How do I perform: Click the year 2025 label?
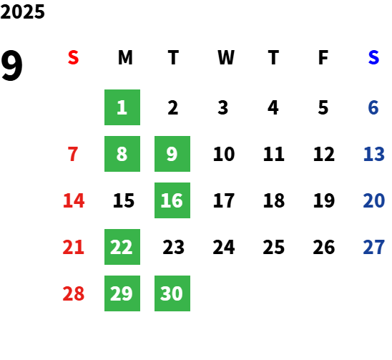[x=22, y=11]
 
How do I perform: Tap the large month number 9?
[x=11, y=65]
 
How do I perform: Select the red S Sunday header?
[x=73, y=57]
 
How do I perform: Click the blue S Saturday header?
[x=373, y=57]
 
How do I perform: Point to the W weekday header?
[x=226, y=57]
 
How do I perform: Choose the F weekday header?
[x=323, y=57]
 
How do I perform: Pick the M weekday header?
[x=125, y=57]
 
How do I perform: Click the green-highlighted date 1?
[x=122, y=107]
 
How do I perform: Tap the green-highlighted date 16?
[x=172, y=200]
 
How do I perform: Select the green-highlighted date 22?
[x=122, y=247]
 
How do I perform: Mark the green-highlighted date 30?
[x=172, y=293]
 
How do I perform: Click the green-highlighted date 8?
[x=122, y=154]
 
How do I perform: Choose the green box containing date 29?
[x=122, y=293]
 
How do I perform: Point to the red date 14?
[x=74, y=200]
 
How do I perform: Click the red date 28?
[x=74, y=293]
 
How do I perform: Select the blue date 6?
[x=373, y=107]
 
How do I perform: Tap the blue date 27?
[x=373, y=247]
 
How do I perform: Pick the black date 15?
[x=124, y=200]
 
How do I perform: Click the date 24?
[x=224, y=247]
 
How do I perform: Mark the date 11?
[x=274, y=154]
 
